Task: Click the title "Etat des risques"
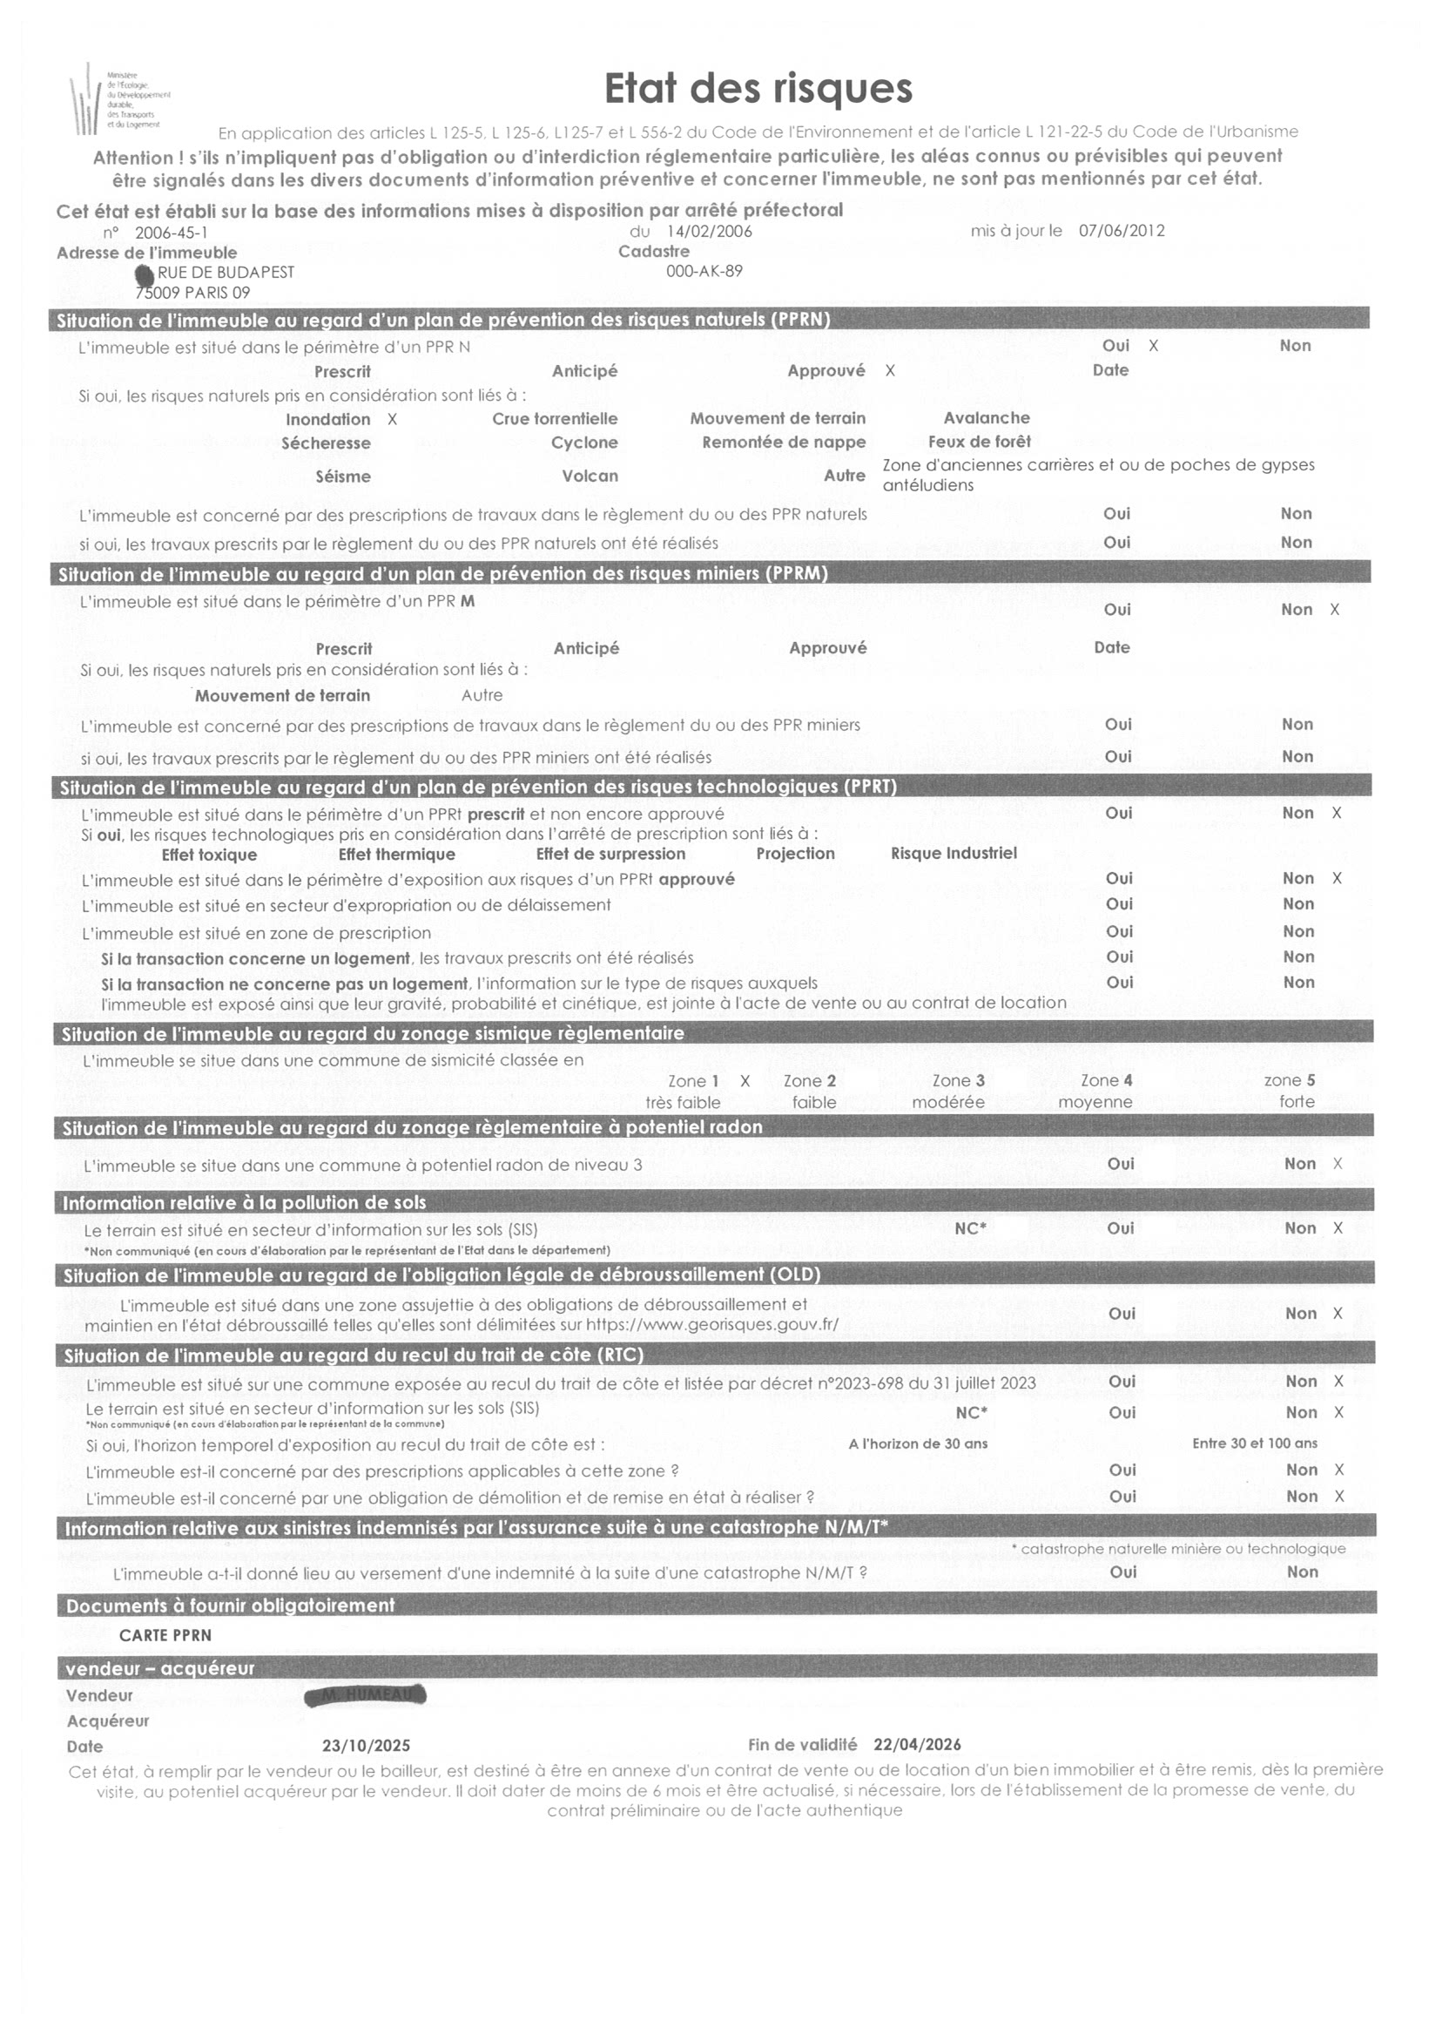click(758, 89)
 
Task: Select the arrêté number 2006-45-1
click(172, 233)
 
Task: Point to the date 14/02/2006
click(710, 231)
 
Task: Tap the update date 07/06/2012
click(1122, 230)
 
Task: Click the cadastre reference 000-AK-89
click(704, 271)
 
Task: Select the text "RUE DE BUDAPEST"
click(226, 272)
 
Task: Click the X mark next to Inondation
click(392, 420)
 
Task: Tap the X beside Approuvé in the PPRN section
click(890, 370)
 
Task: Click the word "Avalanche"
click(986, 417)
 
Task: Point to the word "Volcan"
click(590, 476)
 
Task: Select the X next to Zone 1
click(745, 1081)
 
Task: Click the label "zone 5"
click(1290, 1080)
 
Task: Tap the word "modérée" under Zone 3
click(947, 1102)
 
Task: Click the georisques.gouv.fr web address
click(712, 1324)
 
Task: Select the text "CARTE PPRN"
click(166, 1635)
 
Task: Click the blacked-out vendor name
click(366, 1695)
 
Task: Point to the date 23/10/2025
click(366, 1746)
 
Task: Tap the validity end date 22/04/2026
click(916, 1745)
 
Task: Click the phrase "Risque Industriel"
click(953, 853)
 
